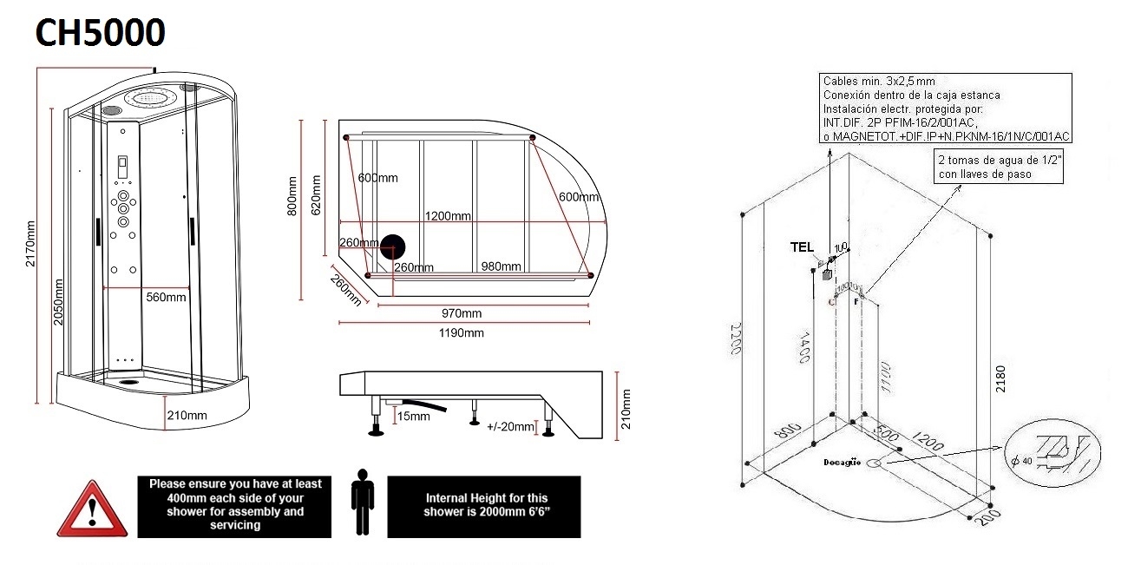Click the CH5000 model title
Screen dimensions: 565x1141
tap(100, 32)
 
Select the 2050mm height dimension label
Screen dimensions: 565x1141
tap(58, 301)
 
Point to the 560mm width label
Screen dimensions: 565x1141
tap(166, 297)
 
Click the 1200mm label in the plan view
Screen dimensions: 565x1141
tap(448, 216)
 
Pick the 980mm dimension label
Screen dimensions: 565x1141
tap(500, 266)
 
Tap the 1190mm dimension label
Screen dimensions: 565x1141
tap(461, 333)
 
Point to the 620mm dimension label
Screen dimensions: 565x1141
tap(317, 195)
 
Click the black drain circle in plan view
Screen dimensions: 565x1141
tap(394, 246)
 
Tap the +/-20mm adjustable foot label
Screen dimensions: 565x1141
tap(510, 427)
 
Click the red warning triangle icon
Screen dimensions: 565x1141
tap(86, 509)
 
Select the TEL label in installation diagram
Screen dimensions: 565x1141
tap(801, 246)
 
